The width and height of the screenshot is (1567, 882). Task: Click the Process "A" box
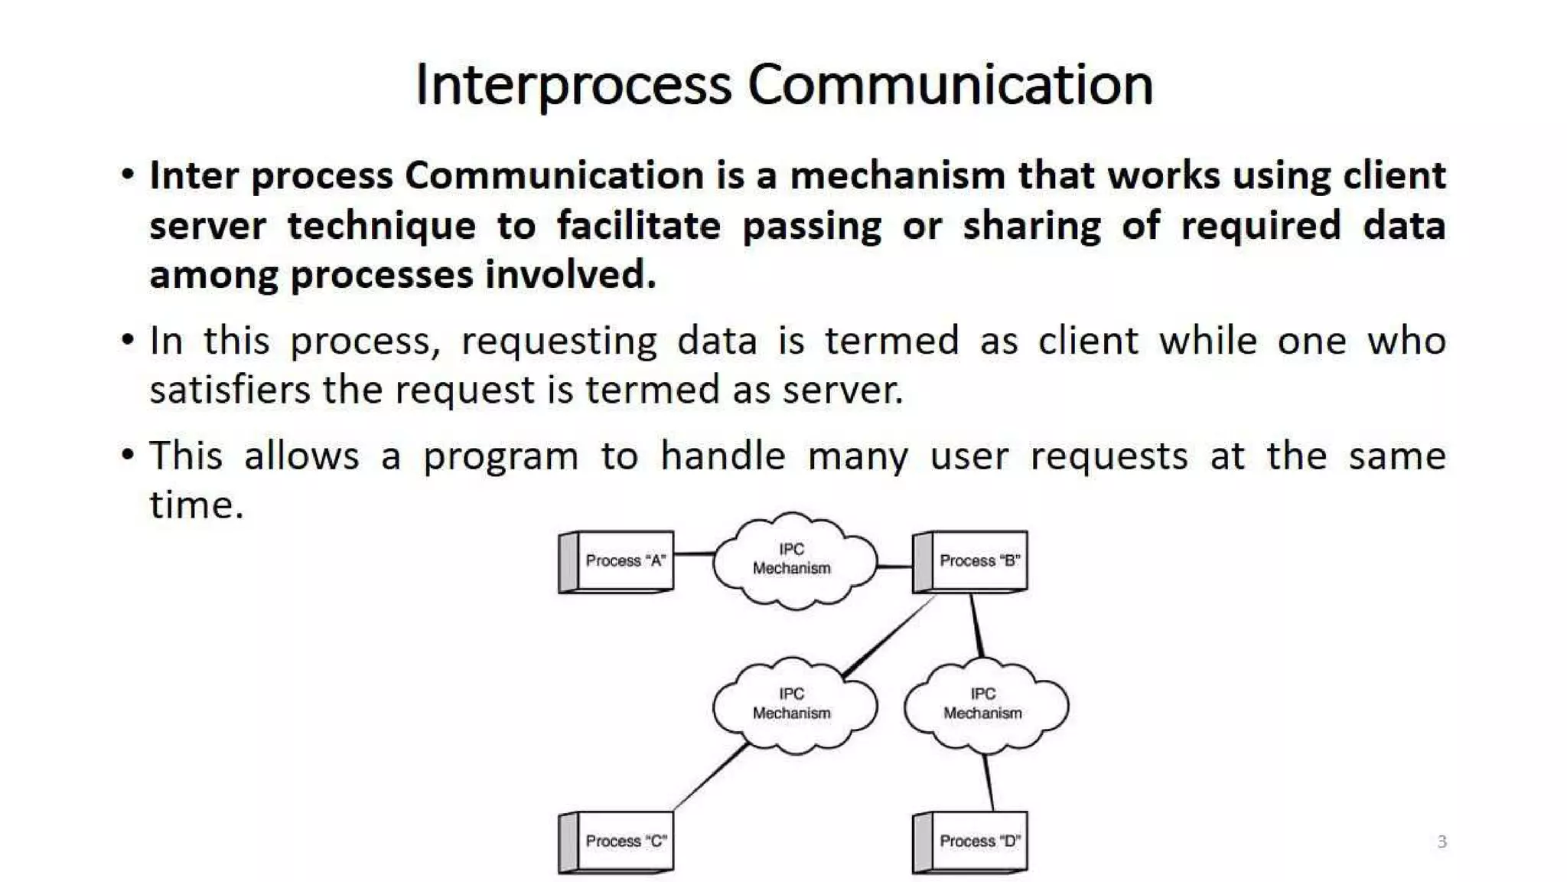pos(617,561)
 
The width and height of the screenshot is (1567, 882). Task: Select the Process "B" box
pos(970,561)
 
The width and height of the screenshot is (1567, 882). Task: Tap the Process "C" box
pos(617,841)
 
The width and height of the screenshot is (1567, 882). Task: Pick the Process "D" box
pos(970,841)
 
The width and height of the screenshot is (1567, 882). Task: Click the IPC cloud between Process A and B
pos(793,560)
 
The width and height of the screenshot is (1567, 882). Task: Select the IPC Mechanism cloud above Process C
pos(793,704)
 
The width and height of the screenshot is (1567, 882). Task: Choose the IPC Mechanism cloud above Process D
pos(984,704)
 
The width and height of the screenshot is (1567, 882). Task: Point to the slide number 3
pos(1442,842)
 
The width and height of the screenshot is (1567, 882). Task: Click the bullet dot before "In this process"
pos(128,339)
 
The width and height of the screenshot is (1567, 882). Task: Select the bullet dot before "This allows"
pos(128,455)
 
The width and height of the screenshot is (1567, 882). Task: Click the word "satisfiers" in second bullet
pos(230,390)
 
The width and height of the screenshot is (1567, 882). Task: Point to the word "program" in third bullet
pos(500,457)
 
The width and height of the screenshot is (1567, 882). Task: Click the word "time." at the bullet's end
pos(197,505)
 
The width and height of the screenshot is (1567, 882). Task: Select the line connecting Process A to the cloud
pos(693,554)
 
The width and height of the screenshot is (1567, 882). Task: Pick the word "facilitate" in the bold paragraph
pos(638,226)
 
